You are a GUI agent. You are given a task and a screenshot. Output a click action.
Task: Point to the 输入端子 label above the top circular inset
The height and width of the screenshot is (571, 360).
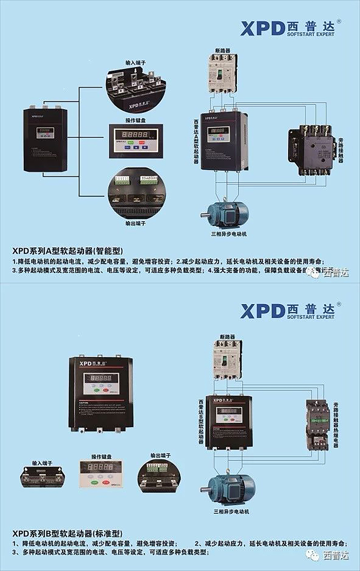[x=135, y=62]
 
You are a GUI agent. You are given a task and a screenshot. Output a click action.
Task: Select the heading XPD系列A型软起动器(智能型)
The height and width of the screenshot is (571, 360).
[x=68, y=250]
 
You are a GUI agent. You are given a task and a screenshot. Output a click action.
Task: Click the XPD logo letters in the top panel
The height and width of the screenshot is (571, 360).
[x=262, y=29]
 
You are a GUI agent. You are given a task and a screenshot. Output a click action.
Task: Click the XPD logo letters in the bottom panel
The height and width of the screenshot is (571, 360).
[x=262, y=311]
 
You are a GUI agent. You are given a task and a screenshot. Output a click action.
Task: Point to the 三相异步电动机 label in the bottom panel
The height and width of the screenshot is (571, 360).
[x=231, y=512]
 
